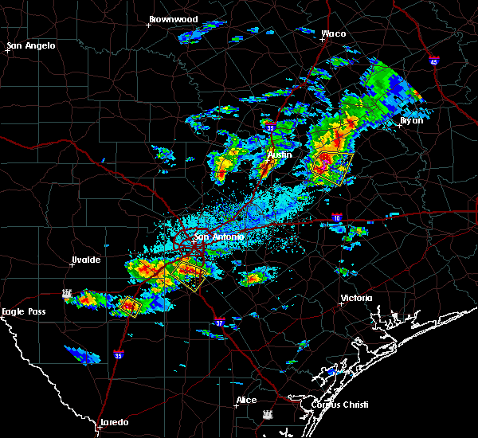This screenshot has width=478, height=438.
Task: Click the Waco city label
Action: click(333, 33)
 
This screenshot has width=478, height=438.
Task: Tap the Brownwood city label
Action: click(173, 18)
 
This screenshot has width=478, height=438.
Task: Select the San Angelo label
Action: click(32, 45)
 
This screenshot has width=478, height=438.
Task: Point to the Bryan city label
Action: click(411, 120)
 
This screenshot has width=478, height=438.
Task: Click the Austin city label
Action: click(280, 154)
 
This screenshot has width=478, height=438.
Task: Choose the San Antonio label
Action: click(218, 237)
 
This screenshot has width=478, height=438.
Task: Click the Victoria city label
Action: click(356, 298)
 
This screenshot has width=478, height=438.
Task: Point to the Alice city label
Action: click(246, 399)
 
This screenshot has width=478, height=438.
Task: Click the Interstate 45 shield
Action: click(433, 61)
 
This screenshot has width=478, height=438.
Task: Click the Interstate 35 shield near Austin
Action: click(271, 127)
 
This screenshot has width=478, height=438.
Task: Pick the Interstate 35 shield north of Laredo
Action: click(119, 354)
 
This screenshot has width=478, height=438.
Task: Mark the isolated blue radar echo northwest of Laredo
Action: click(83, 354)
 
